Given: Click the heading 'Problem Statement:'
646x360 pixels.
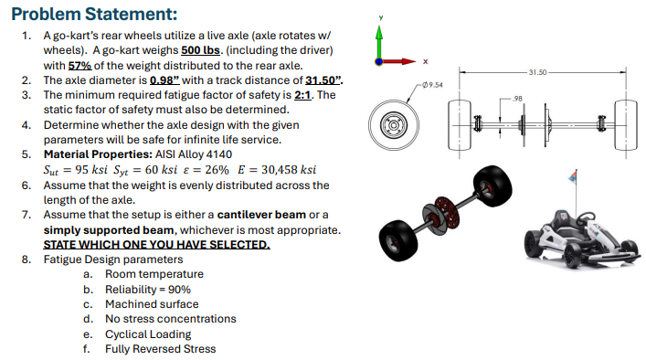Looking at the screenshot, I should tap(81, 15).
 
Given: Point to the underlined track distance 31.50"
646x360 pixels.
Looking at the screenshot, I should tap(325, 79).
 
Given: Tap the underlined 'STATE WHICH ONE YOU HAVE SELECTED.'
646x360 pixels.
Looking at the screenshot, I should tap(156, 244).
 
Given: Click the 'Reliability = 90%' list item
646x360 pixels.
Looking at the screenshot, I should tap(147, 289).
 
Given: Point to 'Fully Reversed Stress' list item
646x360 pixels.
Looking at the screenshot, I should tap(160, 348).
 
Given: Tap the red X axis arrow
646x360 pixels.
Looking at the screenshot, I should tap(402, 63).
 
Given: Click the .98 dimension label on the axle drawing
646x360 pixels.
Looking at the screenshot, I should tap(517, 97).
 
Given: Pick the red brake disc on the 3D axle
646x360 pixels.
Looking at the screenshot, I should tap(448, 204).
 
